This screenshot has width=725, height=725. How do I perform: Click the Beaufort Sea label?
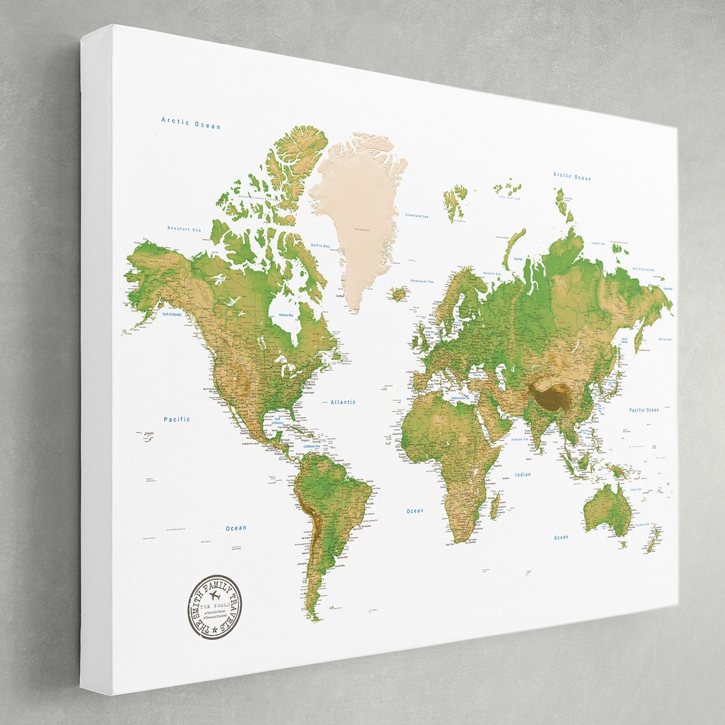coord(185,229)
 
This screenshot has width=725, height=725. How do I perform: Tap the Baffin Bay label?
coord(320,246)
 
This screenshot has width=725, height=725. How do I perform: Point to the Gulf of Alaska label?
coord(172,314)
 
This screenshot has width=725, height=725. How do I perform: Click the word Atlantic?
coord(343,402)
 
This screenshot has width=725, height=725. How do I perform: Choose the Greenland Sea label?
coord(417,215)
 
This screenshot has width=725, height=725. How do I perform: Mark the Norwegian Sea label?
coord(422,282)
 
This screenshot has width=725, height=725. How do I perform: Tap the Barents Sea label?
coord(492,273)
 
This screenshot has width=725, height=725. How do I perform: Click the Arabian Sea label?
coord(520,440)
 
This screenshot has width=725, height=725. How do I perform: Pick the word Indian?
coord(523,475)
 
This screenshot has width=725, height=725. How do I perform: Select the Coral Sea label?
coord(635,489)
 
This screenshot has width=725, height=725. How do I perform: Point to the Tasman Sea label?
coord(640,525)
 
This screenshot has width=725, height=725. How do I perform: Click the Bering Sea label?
coord(665,340)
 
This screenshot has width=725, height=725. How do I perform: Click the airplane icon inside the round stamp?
coord(215,596)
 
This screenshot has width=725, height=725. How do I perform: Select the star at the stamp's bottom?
coord(214,630)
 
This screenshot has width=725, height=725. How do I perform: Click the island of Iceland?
coord(399,293)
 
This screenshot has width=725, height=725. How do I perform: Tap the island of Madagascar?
coord(495,505)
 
